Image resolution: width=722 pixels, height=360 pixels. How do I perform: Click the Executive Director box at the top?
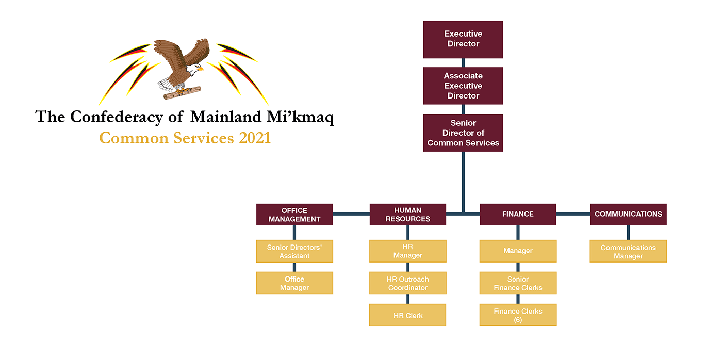pos(463,39)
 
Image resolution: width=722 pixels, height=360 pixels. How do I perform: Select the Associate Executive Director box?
pos(463,86)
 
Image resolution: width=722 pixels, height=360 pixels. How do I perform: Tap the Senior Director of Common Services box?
pos(463,133)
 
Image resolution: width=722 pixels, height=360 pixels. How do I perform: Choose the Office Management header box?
pos(294,214)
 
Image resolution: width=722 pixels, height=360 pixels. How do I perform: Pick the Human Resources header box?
pos(407,214)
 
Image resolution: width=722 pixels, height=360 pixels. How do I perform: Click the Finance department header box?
pos(518,214)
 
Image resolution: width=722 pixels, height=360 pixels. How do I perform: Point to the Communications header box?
pos(628,214)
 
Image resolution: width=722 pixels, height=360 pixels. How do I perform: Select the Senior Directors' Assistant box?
pos(294,251)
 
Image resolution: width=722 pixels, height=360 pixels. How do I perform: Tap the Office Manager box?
pos(294,283)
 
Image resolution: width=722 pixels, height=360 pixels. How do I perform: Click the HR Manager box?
pos(407,251)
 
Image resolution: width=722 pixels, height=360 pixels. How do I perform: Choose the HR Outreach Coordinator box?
pos(407,283)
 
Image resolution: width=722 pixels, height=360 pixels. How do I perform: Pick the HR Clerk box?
pos(407,315)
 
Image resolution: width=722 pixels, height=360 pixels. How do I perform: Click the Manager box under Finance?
pos(518,251)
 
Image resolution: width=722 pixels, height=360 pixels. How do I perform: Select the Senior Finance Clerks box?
pos(518,283)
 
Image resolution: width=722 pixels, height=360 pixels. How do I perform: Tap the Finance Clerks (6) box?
pos(518,315)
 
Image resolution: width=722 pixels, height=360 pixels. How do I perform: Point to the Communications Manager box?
pos(628,251)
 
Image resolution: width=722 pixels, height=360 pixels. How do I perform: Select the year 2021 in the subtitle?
pos(254,138)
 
